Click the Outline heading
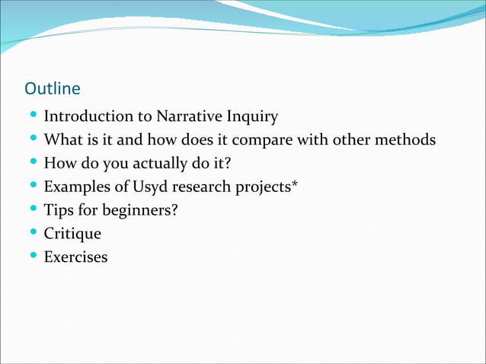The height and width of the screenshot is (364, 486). tap(53, 89)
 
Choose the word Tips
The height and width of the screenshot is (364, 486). tap(59, 210)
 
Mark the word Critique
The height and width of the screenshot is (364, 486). tap(72, 234)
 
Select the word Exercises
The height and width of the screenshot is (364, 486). tap(75, 257)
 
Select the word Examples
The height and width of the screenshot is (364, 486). tap(76, 187)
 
